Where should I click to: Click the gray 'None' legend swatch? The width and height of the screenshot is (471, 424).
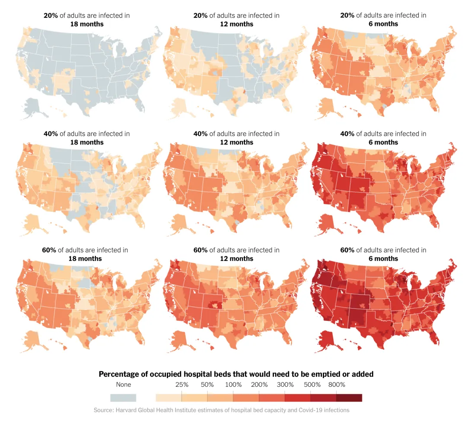pos(123,398)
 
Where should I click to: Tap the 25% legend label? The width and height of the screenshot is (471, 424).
pos(182,385)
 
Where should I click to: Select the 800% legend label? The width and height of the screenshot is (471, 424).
pos(337,385)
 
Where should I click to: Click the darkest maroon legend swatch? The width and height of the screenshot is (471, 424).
pos(349,398)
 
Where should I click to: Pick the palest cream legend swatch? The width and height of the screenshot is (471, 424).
pos(169,398)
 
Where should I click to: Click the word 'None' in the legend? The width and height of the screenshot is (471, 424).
pos(124,385)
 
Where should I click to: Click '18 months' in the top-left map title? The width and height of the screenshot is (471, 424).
pos(87,24)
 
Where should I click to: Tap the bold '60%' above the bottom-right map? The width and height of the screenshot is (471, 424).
pos(347,250)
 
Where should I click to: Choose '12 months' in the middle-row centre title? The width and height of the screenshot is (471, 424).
pos(236,142)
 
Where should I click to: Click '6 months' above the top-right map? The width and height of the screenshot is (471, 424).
pos(383,24)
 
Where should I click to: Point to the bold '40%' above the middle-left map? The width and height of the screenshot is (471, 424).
pos(51,134)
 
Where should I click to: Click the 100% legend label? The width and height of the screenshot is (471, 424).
pos(234,385)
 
